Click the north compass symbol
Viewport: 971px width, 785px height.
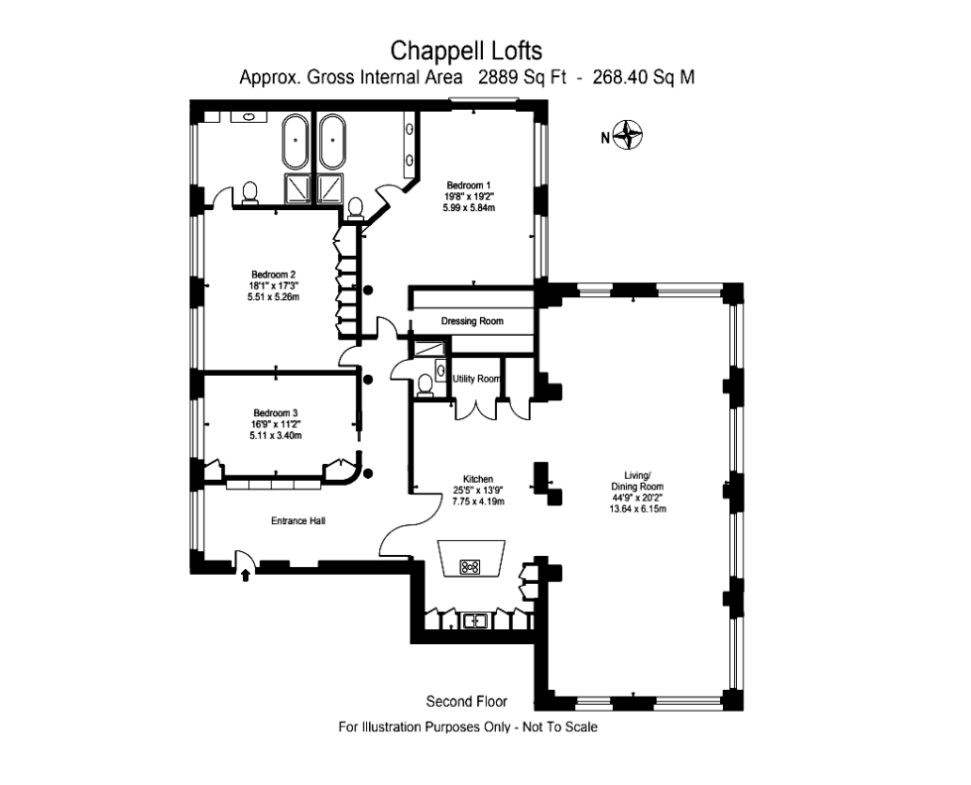628,135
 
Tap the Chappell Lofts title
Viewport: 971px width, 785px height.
466,50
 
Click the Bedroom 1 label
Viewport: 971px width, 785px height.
469,185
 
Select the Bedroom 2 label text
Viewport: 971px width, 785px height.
273,275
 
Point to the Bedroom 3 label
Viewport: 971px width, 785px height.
275,413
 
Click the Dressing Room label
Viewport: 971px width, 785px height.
472,321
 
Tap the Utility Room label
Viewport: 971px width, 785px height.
476,379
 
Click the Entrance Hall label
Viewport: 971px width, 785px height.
299,520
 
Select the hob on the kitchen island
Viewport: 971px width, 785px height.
471,567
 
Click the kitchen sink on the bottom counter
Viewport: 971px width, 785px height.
474,621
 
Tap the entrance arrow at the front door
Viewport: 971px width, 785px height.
245,574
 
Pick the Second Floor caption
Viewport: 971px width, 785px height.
466,702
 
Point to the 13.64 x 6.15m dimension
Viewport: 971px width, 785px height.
637,509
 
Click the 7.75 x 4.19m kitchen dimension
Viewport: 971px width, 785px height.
478,502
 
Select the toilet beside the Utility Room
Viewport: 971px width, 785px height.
425,383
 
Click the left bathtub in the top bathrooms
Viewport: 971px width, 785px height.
297,143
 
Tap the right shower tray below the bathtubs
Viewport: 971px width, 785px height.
329,187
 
